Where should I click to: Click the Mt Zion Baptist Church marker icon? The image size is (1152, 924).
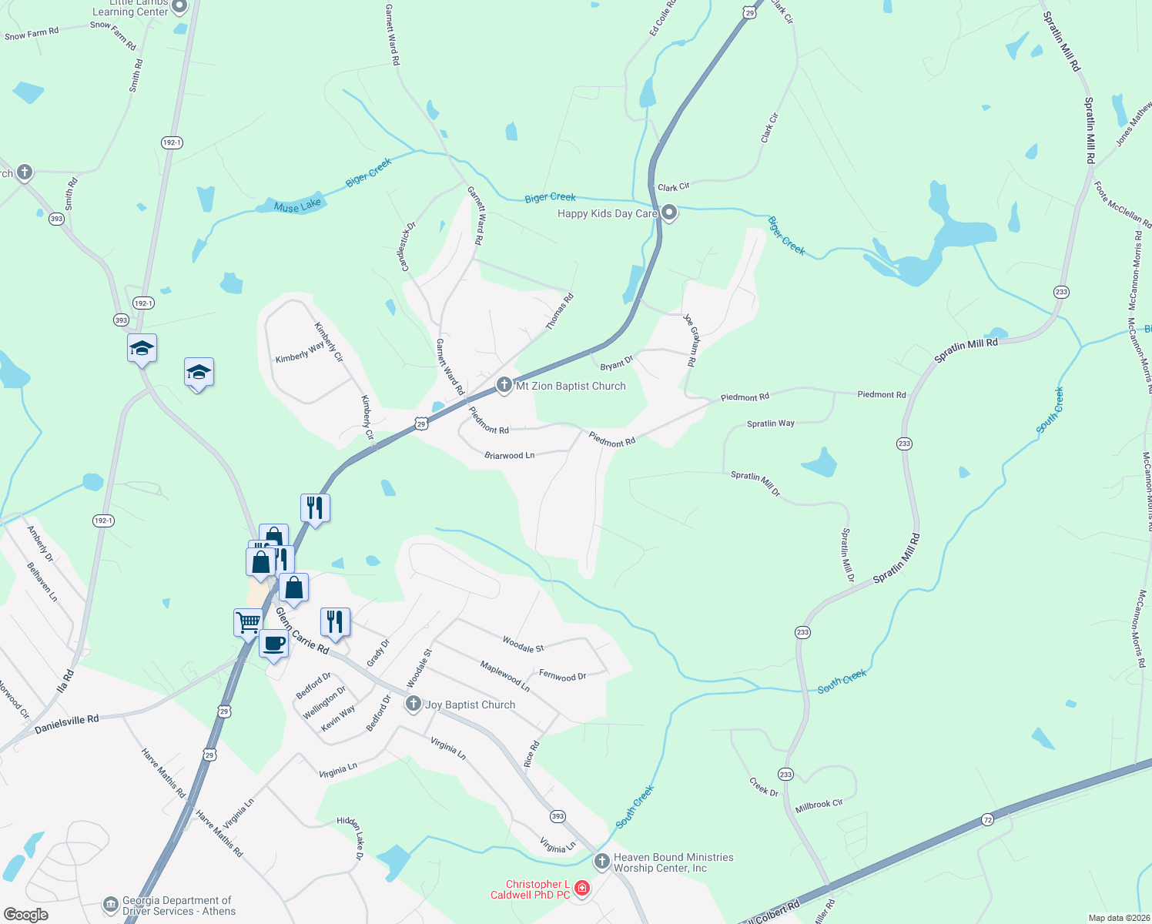click(504, 385)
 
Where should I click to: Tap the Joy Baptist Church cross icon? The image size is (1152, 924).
click(414, 704)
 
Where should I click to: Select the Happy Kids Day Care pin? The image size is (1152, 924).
click(669, 213)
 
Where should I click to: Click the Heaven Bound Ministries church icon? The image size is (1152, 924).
click(601, 861)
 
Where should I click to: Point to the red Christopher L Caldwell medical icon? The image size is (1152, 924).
click(582, 889)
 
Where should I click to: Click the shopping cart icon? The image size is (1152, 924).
click(248, 621)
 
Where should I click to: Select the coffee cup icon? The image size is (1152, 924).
click(273, 644)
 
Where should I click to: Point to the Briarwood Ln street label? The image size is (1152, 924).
click(509, 456)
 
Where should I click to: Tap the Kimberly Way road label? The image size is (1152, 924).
click(300, 353)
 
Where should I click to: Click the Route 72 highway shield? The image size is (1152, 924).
click(987, 820)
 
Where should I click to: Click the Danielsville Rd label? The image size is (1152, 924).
click(67, 724)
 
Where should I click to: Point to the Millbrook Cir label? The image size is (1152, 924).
click(819, 805)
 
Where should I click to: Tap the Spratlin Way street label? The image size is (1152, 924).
click(770, 423)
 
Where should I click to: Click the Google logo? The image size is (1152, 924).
click(26, 915)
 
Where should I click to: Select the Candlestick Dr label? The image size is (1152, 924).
click(407, 246)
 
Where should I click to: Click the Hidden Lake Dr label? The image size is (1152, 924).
click(350, 839)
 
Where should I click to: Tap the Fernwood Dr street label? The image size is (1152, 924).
click(562, 676)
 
